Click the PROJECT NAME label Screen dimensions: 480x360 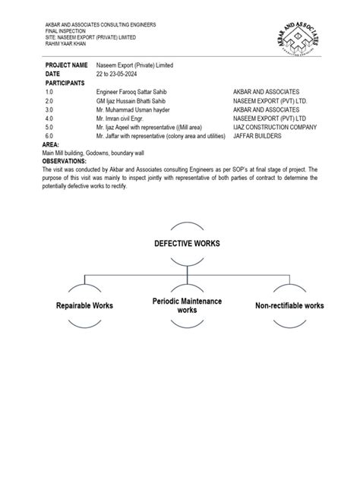point(67,66)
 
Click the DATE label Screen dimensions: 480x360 point(53,74)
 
